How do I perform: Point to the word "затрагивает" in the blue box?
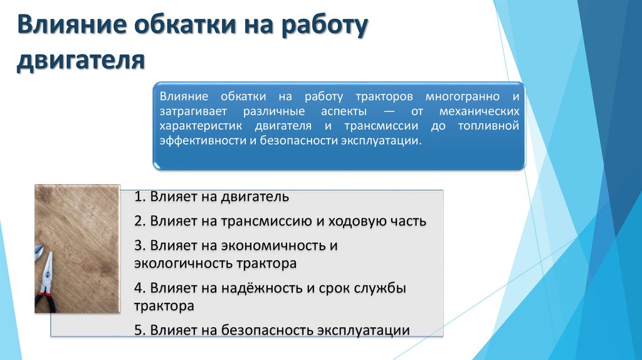click(189, 112)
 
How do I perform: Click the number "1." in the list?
click(140, 197)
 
